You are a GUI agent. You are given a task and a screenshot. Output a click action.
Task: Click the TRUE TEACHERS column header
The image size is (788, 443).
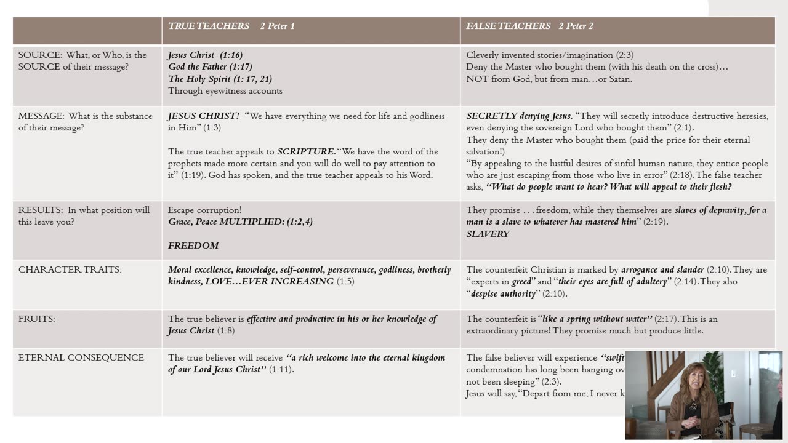[209, 26]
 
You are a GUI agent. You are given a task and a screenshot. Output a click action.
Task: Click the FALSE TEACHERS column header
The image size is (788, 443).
[508, 26]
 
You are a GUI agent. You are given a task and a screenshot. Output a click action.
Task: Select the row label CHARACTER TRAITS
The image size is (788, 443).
[70, 269]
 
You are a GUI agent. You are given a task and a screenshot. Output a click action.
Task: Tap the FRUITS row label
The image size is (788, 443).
[36, 319]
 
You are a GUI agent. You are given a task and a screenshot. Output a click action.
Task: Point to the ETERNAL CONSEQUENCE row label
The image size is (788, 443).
[81, 357]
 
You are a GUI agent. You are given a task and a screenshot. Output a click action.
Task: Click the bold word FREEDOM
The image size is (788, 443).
[193, 245]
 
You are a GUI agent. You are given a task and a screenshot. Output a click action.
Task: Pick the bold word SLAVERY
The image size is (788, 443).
[488, 234]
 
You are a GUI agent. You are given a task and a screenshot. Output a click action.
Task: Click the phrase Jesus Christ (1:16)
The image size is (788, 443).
[205, 55]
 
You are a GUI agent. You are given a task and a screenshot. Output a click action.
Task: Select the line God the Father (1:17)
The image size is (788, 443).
[210, 66]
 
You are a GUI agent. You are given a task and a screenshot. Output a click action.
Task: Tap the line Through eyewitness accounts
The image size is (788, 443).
[225, 90]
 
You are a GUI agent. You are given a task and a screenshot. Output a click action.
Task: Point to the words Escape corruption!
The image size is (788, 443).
[204, 210]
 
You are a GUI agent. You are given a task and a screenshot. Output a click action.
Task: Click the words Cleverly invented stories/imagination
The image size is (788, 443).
[540, 55]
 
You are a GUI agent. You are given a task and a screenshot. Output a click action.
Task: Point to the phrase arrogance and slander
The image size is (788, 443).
[662, 269]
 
